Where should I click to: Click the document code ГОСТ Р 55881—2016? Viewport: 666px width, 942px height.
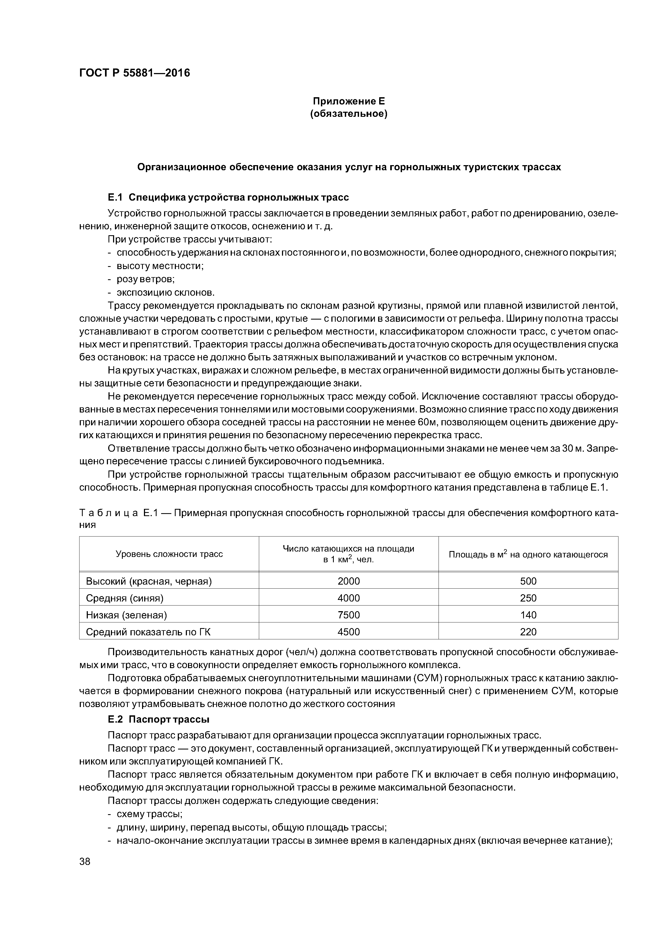[x=135, y=73]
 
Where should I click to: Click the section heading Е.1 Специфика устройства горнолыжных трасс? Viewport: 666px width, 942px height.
[x=228, y=198]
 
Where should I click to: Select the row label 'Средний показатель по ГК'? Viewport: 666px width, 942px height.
[x=148, y=632]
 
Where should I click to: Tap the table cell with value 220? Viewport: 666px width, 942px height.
[x=528, y=632]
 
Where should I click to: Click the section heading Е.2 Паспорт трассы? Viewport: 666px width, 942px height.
[x=159, y=720]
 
